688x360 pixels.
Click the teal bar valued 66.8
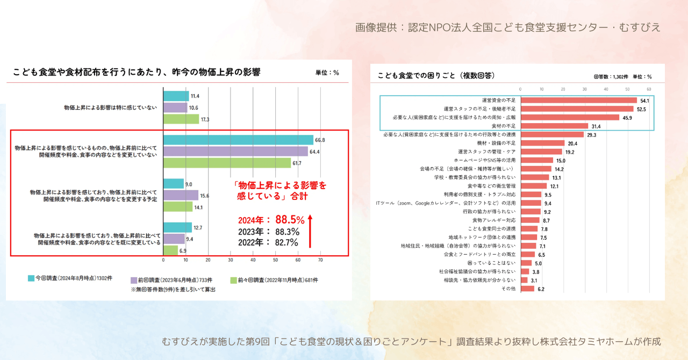238,140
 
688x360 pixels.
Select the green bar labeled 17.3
181,119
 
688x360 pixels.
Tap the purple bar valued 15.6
181,195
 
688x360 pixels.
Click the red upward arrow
310,231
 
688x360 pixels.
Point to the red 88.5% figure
290,220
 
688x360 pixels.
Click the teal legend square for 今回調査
31,278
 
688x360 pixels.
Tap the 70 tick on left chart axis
320,260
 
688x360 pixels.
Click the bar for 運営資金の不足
578,100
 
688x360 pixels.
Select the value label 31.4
596,126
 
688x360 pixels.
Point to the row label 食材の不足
502,126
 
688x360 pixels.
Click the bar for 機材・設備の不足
542,143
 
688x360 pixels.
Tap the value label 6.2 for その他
541,289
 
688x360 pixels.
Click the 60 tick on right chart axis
649,89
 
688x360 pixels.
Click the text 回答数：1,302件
611,77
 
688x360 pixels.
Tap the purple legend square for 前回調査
134,280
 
